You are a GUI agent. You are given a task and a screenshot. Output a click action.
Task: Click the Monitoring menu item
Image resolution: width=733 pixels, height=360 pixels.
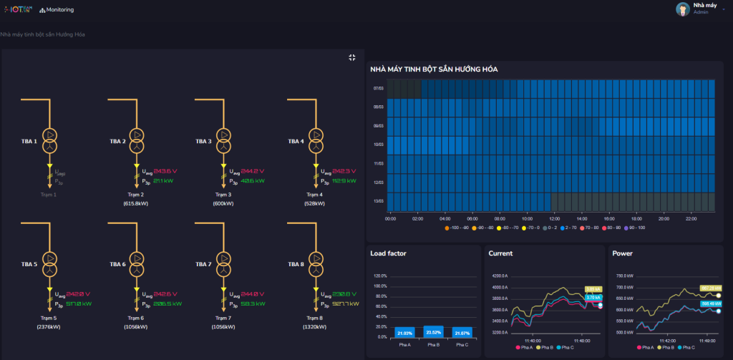click(x=57, y=10)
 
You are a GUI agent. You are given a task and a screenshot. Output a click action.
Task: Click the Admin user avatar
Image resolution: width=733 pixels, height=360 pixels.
click(x=683, y=9)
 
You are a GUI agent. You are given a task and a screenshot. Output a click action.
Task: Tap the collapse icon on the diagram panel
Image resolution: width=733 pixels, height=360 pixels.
click(x=352, y=57)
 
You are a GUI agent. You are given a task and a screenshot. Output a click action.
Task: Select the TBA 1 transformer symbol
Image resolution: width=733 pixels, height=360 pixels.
click(x=50, y=141)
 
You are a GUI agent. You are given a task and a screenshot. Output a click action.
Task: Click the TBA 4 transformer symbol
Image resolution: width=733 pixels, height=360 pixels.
click(x=316, y=141)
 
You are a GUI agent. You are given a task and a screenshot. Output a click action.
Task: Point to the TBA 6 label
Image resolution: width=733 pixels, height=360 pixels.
click(x=117, y=264)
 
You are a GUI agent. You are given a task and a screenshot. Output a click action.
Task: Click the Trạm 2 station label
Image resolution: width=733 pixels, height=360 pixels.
click(x=136, y=195)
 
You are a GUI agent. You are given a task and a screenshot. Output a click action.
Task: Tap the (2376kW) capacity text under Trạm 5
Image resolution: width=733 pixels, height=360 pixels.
click(x=49, y=326)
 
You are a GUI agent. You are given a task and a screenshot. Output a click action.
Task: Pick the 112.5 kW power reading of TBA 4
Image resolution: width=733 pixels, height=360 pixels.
click(x=349, y=180)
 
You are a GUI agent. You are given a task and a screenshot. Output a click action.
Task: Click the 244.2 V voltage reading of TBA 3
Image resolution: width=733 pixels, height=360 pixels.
click(x=253, y=172)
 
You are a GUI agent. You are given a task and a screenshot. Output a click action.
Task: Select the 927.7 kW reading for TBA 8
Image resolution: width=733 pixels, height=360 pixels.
click(x=348, y=303)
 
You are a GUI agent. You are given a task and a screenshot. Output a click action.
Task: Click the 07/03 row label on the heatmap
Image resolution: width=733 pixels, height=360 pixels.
click(x=379, y=89)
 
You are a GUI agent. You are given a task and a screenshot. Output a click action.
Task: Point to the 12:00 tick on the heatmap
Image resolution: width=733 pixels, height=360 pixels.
click(x=553, y=218)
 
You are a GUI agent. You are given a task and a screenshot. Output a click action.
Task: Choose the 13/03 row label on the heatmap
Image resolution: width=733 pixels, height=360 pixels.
click(x=379, y=201)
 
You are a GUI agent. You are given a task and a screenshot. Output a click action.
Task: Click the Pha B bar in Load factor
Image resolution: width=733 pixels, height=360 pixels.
click(x=433, y=332)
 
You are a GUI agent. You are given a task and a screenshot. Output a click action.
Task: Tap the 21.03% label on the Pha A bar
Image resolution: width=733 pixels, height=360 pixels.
click(x=405, y=334)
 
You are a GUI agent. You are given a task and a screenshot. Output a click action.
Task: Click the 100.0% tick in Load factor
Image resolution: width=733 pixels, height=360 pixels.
click(x=378, y=286)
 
